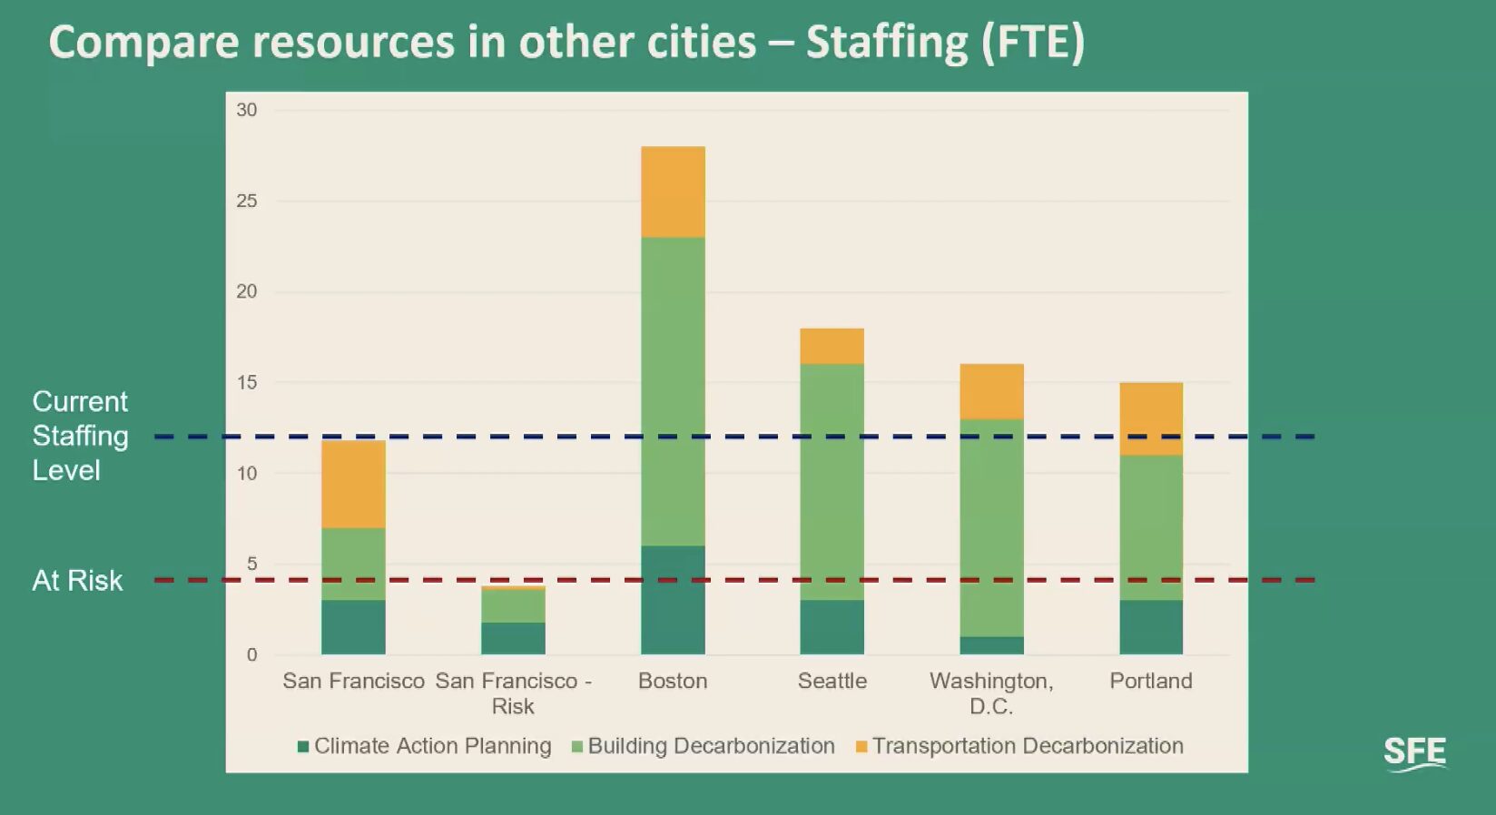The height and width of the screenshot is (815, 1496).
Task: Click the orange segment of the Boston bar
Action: tap(673, 191)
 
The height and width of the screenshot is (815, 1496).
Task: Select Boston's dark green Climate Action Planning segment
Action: tap(673, 599)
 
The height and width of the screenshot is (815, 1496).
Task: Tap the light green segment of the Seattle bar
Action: tap(832, 481)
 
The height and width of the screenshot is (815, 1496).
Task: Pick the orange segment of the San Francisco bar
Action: tap(353, 484)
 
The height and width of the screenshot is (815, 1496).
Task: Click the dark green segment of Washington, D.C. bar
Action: tap(991, 645)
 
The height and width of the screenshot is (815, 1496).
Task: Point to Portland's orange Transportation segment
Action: tap(1151, 418)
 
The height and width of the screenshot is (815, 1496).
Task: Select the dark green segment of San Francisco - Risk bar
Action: tap(513, 638)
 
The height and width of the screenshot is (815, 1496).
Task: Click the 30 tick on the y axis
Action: tap(247, 110)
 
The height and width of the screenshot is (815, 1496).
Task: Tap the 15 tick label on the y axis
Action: tap(247, 382)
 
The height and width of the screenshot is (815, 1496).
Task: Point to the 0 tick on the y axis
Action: tap(251, 654)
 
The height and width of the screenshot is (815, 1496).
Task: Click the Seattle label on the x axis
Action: tap(832, 681)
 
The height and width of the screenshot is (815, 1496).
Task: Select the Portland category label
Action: tap(1151, 681)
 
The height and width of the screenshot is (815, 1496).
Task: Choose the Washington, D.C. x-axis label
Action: tap(991, 692)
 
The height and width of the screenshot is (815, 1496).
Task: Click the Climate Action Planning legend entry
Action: tap(425, 746)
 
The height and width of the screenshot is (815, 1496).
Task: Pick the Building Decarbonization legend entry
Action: tap(704, 746)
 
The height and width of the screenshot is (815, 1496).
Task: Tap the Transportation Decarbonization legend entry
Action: tap(1019, 746)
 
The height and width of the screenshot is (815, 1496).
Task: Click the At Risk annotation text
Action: tap(77, 580)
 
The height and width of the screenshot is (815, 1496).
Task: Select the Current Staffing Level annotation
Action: tap(80, 436)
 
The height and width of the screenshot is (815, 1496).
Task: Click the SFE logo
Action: tap(1414, 753)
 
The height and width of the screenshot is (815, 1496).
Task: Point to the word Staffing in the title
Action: tap(887, 42)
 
